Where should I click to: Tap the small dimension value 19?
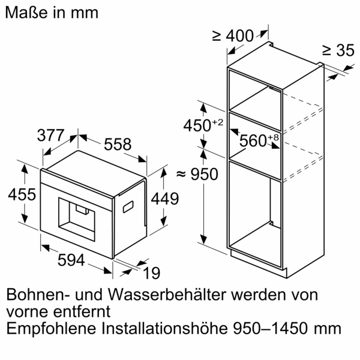(152, 273)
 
